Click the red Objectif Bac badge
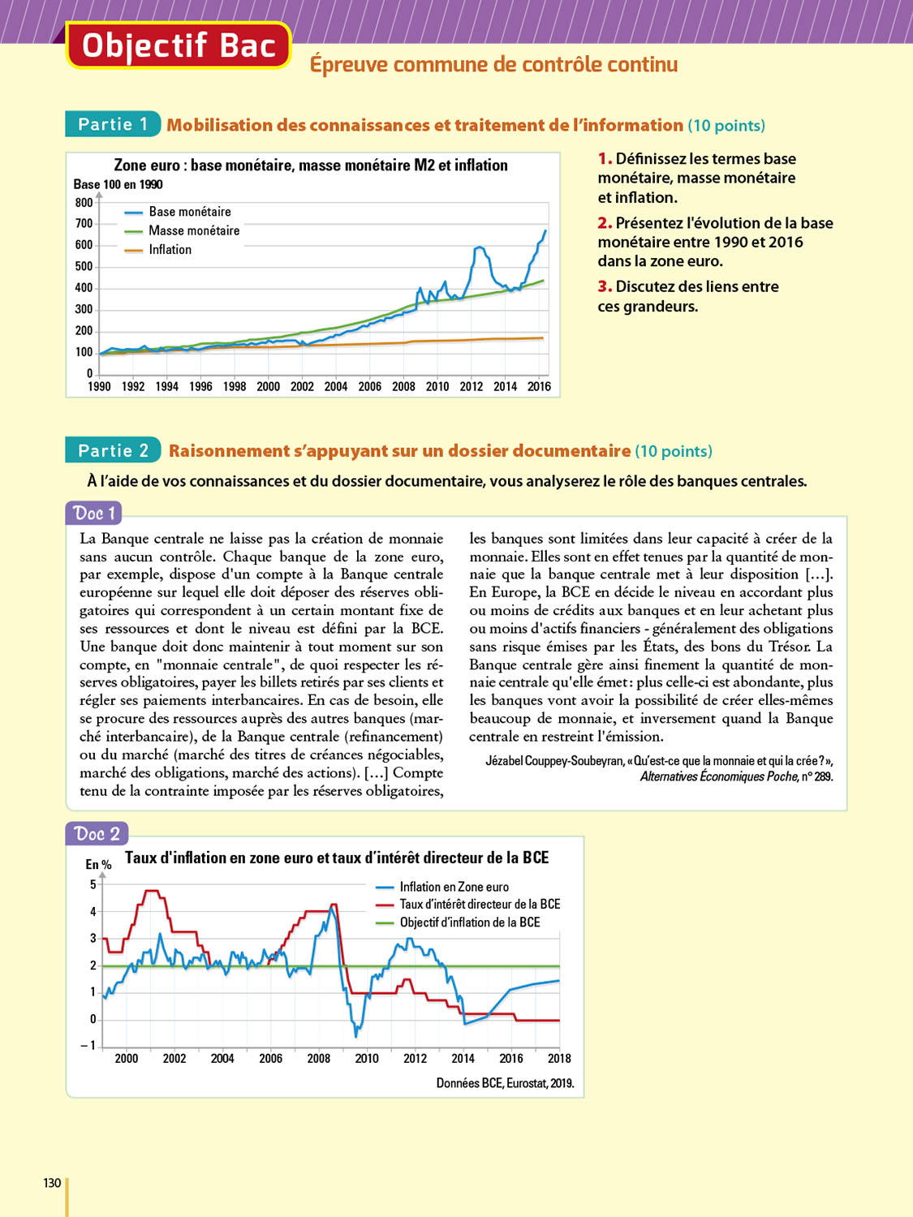178,45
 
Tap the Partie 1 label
113,124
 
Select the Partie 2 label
113,450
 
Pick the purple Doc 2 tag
97,833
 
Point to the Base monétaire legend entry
189,212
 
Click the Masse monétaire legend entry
193,230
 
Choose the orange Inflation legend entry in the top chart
170,250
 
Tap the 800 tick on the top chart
84,203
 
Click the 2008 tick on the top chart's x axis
403,387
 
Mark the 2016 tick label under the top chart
539,387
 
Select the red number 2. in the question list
605,223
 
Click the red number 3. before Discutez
605,286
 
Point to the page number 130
52,1183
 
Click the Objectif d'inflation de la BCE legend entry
469,922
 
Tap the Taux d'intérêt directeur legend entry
479,905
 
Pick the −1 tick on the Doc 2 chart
88,1045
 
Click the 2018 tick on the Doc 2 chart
559,1059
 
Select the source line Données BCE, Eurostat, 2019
505,1083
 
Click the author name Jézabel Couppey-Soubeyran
554,761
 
